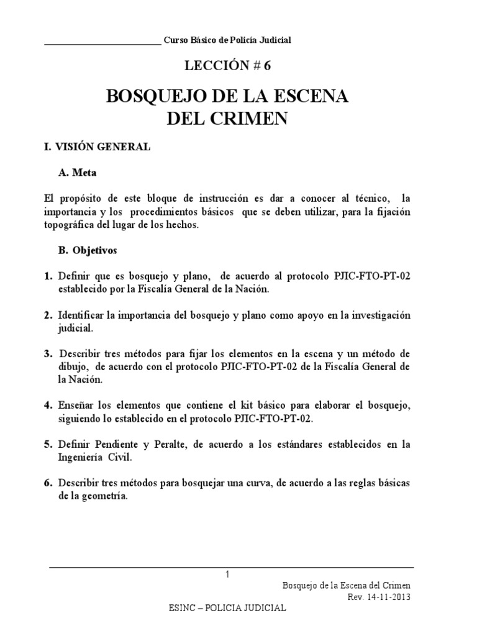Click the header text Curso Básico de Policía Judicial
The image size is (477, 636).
tap(227, 40)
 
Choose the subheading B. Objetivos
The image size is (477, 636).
tap(91, 252)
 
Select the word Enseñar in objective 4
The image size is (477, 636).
tap(76, 406)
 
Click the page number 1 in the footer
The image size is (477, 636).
tap(228, 575)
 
